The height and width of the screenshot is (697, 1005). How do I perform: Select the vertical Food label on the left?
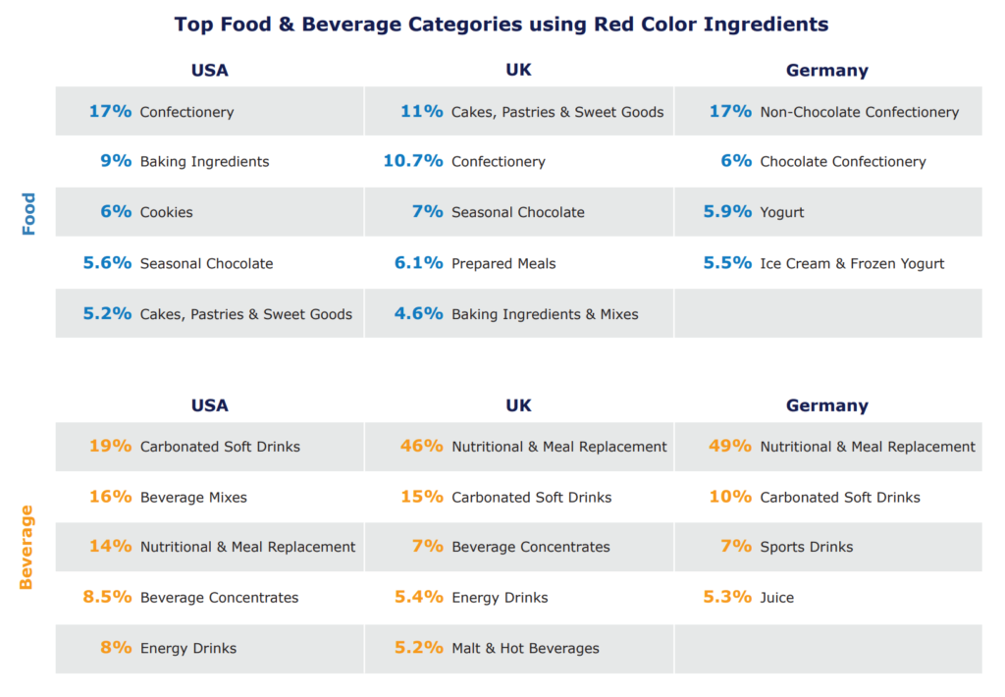point(28,213)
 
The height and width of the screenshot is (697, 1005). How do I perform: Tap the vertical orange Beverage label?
point(26,547)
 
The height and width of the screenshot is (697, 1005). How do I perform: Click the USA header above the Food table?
point(209,71)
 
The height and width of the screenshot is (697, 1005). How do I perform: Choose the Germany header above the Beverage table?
point(826,405)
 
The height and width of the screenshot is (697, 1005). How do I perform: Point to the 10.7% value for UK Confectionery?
point(413,161)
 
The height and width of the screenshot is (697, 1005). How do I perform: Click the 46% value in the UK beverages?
point(422,446)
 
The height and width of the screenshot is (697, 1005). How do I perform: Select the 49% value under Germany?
point(730,446)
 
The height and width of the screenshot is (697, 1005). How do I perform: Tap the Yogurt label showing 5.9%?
point(782,212)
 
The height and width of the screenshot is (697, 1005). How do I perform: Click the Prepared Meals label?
point(503,263)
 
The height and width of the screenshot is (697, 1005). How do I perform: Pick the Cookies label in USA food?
point(167,212)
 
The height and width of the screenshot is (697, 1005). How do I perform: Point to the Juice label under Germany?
point(777,597)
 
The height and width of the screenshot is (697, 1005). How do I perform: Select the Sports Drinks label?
point(807,547)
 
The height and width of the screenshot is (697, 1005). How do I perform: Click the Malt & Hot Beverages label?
point(525,648)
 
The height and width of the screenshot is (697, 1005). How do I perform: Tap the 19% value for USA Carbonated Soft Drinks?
point(110,446)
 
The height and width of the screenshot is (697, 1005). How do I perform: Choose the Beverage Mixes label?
point(193,497)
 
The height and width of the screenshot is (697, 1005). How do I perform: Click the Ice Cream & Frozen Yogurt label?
point(852,263)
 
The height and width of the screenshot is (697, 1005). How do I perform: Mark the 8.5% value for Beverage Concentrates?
point(107,597)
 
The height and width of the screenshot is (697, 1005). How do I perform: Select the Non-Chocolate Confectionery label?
point(859,112)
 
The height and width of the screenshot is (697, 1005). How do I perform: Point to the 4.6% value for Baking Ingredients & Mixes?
point(418,314)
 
